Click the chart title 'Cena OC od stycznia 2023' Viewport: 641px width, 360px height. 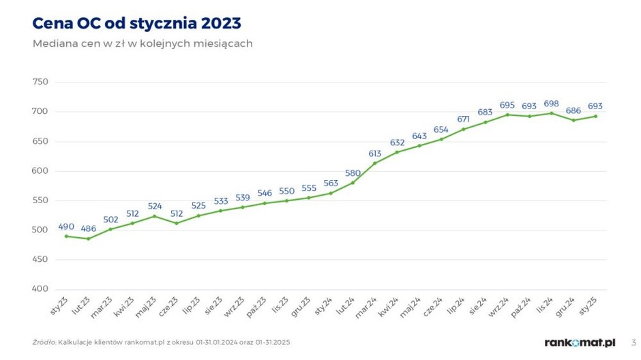coord(136,23)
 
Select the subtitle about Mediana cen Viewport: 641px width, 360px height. coord(143,44)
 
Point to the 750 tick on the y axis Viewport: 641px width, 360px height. coord(40,82)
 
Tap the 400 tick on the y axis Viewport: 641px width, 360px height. coord(40,289)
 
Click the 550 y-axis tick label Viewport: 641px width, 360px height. coord(40,200)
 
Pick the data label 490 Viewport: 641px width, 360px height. coord(66,226)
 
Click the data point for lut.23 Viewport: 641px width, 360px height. coord(89,239)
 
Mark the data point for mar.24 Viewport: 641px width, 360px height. coord(374,163)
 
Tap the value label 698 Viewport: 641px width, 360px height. coord(551,104)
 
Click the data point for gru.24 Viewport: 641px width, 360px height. coord(573,120)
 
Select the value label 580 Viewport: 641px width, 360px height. coord(353,173)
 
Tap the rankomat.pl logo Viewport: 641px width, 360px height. coord(580,342)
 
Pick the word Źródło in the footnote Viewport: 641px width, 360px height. coord(44,342)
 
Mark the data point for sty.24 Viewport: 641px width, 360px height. coord(330,193)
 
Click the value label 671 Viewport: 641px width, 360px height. coord(463,119)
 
